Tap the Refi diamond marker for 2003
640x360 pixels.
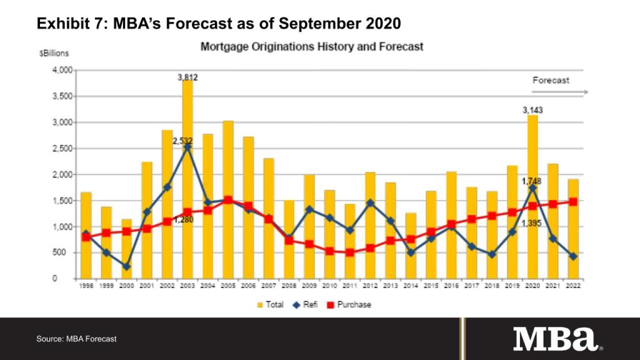(x=187, y=147)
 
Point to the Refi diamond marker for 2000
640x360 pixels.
(x=126, y=266)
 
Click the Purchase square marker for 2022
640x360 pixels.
(x=572, y=201)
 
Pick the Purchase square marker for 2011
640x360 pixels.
(x=350, y=252)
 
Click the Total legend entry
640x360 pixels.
(x=267, y=304)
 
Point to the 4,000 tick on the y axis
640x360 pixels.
(x=62, y=70)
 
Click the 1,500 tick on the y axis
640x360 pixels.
(x=62, y=201)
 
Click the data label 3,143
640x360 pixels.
(x=532, y=110)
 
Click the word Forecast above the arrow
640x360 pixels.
(x=551, y=81)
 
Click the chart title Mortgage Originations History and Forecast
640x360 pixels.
(x=311, y=47)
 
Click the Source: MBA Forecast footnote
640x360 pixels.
(x=76, y=339)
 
